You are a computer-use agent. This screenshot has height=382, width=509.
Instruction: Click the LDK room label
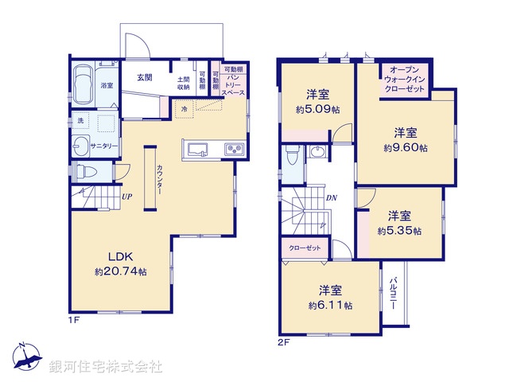coord(120,256)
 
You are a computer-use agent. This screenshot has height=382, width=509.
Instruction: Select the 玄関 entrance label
coord(144,77)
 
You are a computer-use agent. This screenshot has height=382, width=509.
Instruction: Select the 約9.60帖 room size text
coord(405,147)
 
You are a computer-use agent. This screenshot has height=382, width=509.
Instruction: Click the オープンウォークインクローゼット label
coord(405,80)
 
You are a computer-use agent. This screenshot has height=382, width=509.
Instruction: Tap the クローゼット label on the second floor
coord(305,248)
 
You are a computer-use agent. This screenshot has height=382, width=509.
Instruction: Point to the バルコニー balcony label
coord(394,293)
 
